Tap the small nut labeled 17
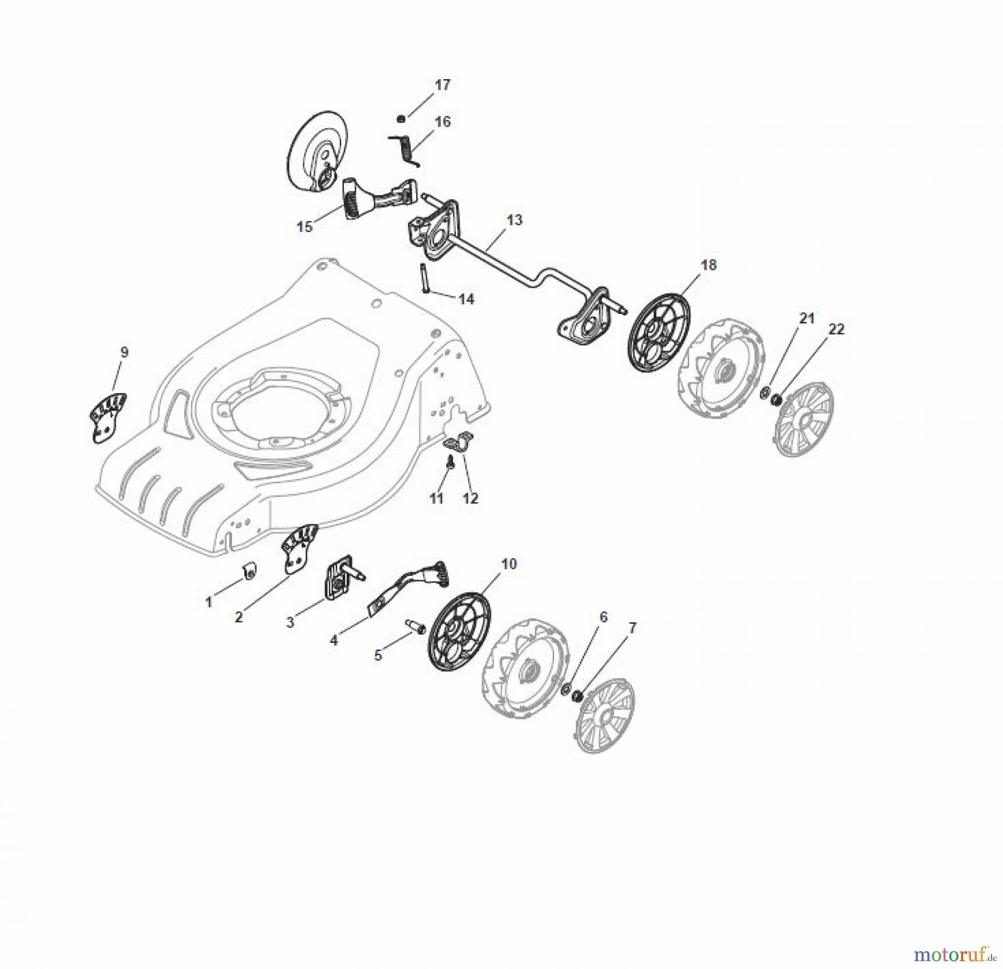point(400,118)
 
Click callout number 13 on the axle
point(515,220)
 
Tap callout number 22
point(836,329)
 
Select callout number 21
point(807,318)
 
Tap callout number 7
point(631,628)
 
